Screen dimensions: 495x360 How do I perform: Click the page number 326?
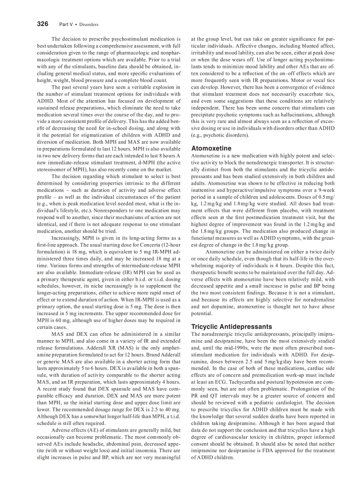pyautogui.click(x=42, y=24)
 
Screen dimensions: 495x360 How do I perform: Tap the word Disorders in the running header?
pyautogui.click(x=89, y=25)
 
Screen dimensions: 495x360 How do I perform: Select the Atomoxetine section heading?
pyautogui.click(x=211, y=149)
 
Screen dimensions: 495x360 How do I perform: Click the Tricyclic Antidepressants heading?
pyautogui.click(x=231, y=327)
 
